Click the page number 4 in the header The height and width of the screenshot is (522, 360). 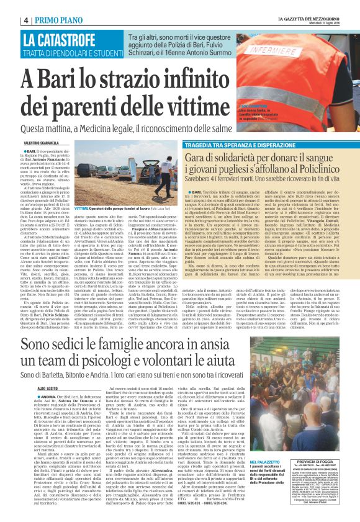[x=27, y=20]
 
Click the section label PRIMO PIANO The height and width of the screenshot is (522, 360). [x=57, y=20]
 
